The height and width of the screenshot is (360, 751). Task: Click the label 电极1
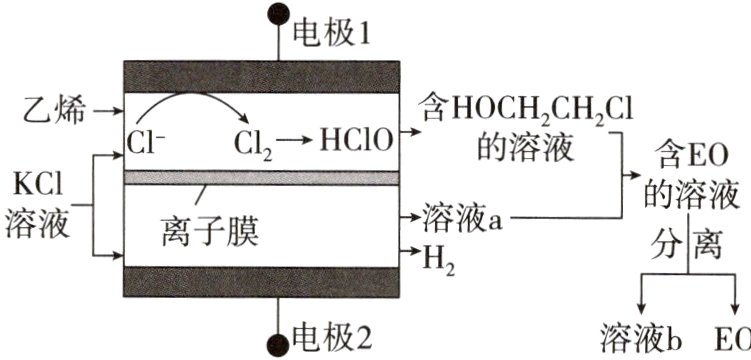point(330,37)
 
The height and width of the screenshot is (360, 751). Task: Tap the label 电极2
point(330,337)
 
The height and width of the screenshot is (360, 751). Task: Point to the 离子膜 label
point(209,232)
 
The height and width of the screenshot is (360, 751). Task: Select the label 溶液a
point(461,215)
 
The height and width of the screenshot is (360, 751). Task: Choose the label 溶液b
point(641,337)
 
